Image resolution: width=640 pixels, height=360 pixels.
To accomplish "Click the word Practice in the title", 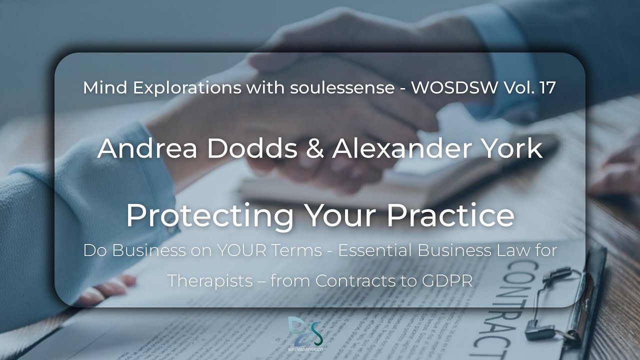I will [x=450, y=215].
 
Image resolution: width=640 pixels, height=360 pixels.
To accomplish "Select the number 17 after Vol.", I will [x=547, y=88].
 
